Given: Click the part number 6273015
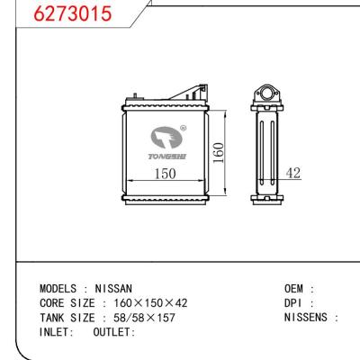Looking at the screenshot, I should [x=57, y=16].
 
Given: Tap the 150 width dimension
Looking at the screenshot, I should [x=162, y=173].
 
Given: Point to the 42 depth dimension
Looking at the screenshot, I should [x=292, y=172].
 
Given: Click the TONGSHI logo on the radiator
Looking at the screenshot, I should [x=166, y=141].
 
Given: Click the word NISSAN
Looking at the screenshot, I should [x=113, y=290].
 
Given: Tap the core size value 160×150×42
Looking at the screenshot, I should [x=150, y=303].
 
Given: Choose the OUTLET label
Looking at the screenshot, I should [x=113, y=331].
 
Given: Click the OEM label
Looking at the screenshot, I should [x=298, y=290].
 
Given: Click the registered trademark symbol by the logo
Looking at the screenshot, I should [x=184, y=128].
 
